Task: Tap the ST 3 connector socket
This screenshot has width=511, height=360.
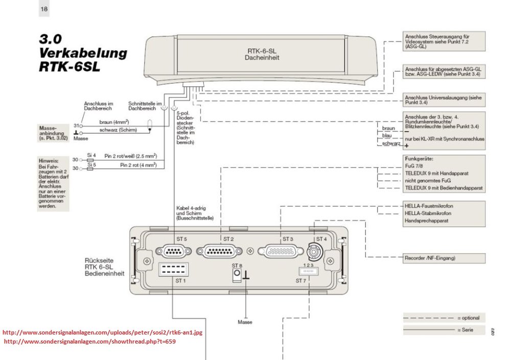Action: coord(279,251)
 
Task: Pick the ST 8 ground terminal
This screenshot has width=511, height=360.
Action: coord(237,275)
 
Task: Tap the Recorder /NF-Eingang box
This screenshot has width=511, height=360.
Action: coord(444,258)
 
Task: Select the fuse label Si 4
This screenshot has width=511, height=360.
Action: coord(91,154)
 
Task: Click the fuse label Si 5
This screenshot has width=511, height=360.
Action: coord(91,164)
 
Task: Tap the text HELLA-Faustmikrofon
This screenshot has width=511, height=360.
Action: coord(429,206)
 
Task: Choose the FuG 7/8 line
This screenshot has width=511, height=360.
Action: coord(415,166)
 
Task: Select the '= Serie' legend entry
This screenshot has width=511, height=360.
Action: coord(466,330)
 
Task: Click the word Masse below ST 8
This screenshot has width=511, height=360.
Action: coord(245,322)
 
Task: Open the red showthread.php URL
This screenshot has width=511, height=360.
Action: coord(90,341)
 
